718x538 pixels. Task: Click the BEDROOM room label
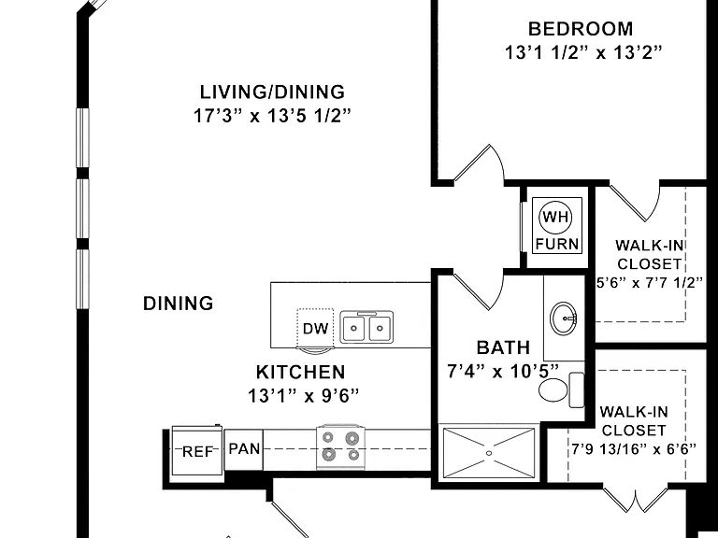click(581, 29)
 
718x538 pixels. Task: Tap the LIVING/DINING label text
click(272, 92)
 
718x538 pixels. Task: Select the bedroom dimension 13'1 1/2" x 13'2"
click(583, 52)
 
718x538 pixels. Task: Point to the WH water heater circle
click(556, 217)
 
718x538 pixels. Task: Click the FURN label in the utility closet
click(557, 244)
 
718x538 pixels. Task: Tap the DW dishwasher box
click(315, 328)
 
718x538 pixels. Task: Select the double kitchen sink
click(366, 327)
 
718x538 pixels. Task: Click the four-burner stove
click(341, 446)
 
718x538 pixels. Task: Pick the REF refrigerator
click(197, 450)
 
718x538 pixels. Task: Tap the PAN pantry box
click(244, 449)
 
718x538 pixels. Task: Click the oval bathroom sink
click(564, 318)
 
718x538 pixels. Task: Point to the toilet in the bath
click(561, 389)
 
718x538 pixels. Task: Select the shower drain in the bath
click(489, 453)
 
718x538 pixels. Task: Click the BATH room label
click(503, 347)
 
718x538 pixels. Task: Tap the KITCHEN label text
click(300, 372)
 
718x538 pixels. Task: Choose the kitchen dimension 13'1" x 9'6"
click(303, 396)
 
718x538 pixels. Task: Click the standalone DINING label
click(179, 304)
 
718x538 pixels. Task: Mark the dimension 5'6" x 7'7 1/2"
click(650, 283)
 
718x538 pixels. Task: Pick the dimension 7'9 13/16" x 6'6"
click(634, 448)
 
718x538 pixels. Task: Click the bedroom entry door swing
click(479, 163)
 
